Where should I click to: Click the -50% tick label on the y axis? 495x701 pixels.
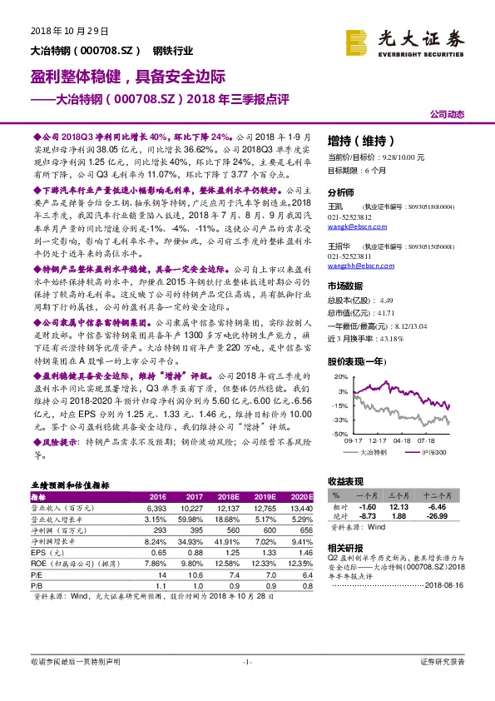click(x=341, y=434)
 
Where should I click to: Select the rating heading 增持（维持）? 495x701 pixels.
click(x=359, y=140)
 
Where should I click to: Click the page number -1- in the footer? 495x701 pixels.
click(x=246, y=661)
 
